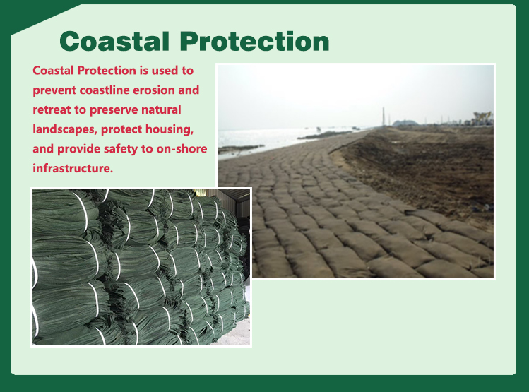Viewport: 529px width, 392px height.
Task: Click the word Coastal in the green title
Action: coord(114,42)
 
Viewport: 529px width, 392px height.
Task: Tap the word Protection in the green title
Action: coord(255,42)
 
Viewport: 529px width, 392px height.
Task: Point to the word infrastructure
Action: coord(73,168)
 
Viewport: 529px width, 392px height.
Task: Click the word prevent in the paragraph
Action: coord(54,90)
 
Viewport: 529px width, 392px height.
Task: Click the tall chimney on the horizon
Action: coord(384,117)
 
